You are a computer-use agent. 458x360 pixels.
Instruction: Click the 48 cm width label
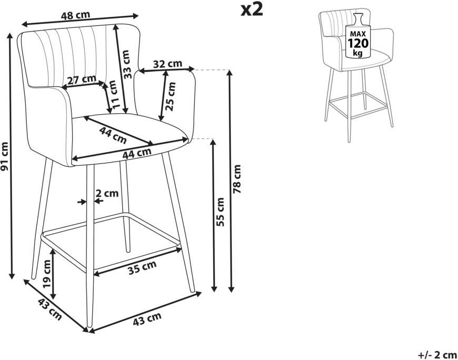[75, 15]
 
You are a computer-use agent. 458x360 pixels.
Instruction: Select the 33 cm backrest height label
[126, 64]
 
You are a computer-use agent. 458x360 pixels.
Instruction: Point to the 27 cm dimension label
[82, 79]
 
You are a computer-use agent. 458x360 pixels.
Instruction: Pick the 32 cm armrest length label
[167, 64]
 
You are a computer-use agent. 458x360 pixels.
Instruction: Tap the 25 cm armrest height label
[171, 96]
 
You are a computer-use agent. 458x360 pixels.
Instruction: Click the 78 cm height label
[237, 179]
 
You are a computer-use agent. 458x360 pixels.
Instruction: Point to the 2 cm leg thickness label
[107, 193]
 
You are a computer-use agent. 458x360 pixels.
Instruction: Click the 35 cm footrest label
[142, 267]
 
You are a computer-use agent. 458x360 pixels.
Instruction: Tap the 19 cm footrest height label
[46, 274]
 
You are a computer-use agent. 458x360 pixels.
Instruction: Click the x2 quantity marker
[252, 10]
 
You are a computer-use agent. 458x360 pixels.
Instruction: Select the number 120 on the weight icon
[358, 44]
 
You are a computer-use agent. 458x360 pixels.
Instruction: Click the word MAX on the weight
[358, 34]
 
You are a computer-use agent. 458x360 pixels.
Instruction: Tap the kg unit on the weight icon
[358, 53]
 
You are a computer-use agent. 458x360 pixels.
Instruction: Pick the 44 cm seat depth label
[113, 135]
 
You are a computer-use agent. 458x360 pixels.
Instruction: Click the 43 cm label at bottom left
[49, 309]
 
